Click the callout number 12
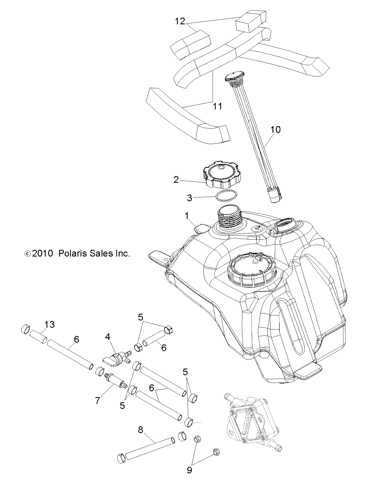[x=180, y=21]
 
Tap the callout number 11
[x=218, y=106]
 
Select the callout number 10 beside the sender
[x=275, y=129]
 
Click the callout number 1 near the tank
[x=187, y=216]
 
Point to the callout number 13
[x=49, y=324]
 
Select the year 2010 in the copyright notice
[x=43, y=253]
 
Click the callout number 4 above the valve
[x=107, y=337]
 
